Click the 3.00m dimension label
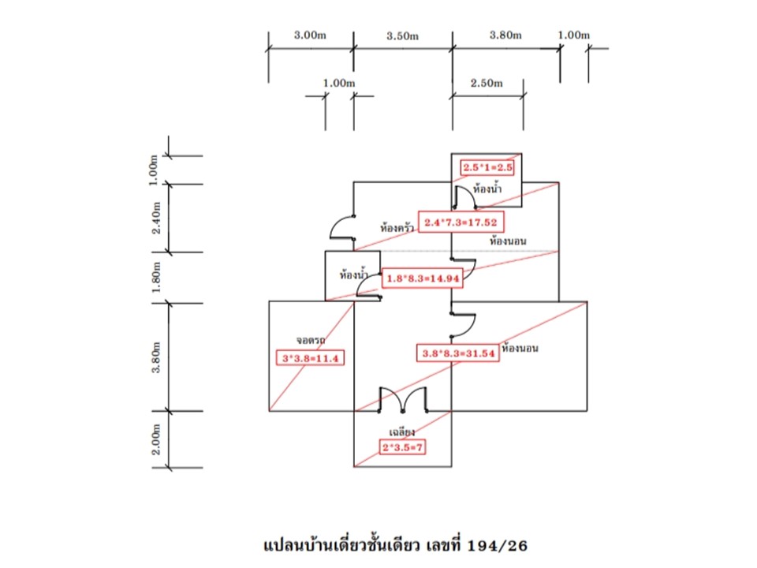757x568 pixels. click(310, 35)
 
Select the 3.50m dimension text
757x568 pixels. click(402, 35)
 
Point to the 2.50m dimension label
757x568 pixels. click(486, 83)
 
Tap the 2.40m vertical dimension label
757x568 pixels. click(156, 218)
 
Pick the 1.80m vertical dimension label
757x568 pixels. click(156, 277)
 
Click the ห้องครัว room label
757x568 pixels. click(397, 227)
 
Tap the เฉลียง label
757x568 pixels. click(403, 432)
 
